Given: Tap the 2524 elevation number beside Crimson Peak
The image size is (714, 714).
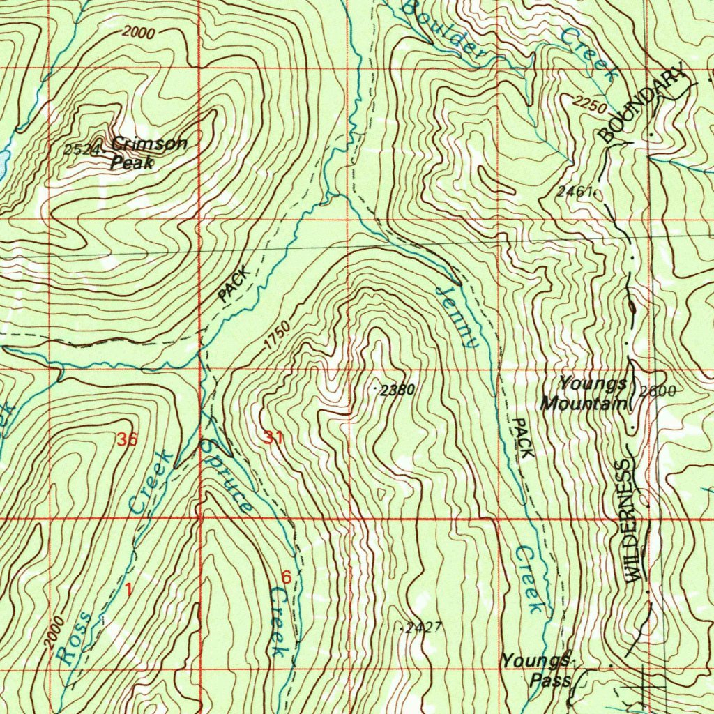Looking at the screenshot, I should tap(77, 149).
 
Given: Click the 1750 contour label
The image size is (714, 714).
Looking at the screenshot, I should tap(276, 337).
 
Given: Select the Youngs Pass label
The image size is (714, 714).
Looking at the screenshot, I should tap(537, 669).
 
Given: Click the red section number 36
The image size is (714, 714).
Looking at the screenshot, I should tap(127, 439).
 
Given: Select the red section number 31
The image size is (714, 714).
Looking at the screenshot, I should tap(273, 438).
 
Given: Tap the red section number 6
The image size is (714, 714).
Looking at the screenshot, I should tap(286, 577).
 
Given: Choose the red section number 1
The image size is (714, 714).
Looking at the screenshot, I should tap(128, 589).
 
